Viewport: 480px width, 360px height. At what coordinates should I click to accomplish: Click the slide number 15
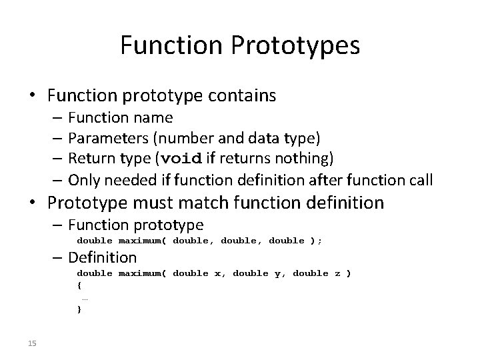coord(32,343)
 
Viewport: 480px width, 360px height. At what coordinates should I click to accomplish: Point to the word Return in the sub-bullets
coord(90,159)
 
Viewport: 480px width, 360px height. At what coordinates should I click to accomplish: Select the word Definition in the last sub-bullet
coord(102,257)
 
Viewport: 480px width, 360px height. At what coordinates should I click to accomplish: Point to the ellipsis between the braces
coord(85,297)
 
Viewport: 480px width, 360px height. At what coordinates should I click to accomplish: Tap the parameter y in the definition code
coord(277,274)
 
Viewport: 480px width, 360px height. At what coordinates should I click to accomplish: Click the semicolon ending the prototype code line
coord(319,241)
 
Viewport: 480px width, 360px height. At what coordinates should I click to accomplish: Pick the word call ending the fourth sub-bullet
coord(419,179)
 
